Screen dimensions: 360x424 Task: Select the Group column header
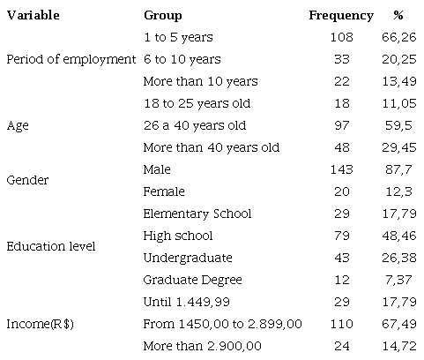tap(162, 15)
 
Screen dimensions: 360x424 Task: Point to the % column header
tap(398, 15)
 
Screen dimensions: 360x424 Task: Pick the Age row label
tap(18, 125)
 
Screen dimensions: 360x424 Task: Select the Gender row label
tap(27, 180)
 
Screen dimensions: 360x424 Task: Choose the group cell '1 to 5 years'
tap(177, 37)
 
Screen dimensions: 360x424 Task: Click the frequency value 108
tap(341, 37)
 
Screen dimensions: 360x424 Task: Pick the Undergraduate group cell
tap(187, 258)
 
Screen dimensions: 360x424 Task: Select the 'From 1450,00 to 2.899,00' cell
tap(222, 324)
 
